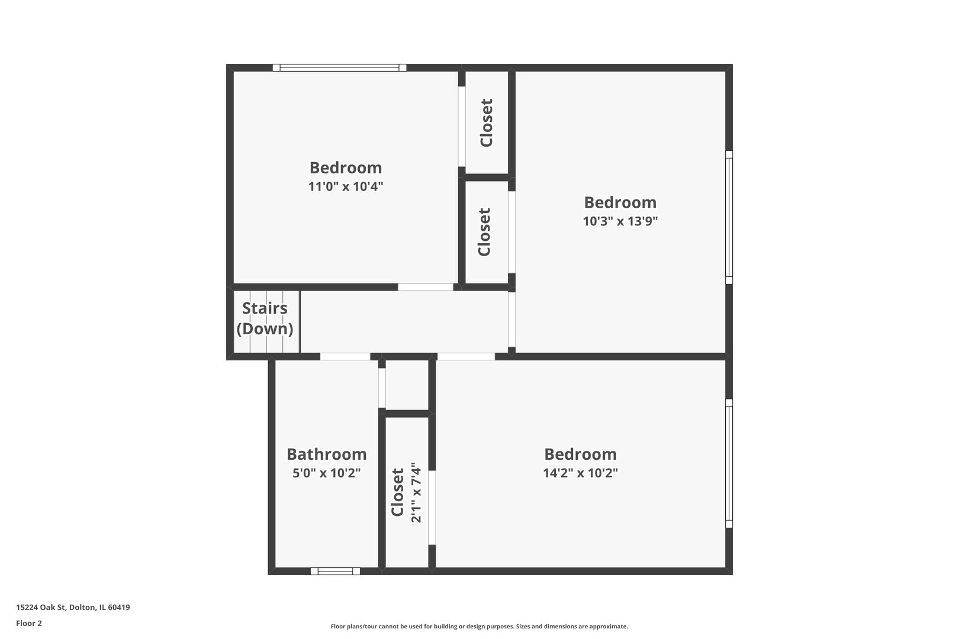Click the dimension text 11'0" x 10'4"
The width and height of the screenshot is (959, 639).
pyautogui.click(x=346, y=186)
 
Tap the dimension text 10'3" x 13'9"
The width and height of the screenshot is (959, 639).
pyautogui.click(x=620, y=221)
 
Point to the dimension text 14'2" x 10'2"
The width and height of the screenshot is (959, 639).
pyautogui.click(x=580, y=473)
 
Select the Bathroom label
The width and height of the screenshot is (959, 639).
pyautogui.click(x=327, y=454)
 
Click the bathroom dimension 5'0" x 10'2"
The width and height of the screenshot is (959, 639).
pyautogui.click(x=327, y=473)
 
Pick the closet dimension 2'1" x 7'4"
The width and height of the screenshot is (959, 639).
pyautogui.click(x=416, y=492)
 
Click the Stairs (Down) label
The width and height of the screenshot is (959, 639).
pyautogui.click(x=265, y=318)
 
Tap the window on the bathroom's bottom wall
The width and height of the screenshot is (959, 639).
pyautogui.click(x=335, y=571)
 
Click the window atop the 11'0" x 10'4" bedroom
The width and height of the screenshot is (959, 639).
pyautogui.click(x=340, y=67)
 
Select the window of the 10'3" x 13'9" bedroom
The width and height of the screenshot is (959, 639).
pyautogui.click(x=729, y=217)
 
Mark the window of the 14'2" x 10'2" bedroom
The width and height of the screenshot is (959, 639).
pyautogui.click(x=729, y=463)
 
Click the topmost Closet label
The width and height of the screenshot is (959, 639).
pyautogui.click(x=487, y=123)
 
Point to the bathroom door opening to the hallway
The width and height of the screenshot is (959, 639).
pyautogui.click(x=345, y=357)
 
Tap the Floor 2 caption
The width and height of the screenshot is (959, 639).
pyautogui.click(x=29, y=623)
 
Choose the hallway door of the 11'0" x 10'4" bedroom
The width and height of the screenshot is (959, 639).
pyautogui.click(x=426, y=287)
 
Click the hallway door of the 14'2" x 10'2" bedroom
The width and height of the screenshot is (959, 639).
pyautogui.click(x=466, y=357)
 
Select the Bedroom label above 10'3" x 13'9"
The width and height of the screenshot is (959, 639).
pyautogui.click(x=620, y=202)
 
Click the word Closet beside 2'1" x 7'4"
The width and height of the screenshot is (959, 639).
pyautogui.click(x=398, y=492)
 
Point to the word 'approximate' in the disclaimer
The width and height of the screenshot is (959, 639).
pyautogui.click(x=609, y=627)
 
